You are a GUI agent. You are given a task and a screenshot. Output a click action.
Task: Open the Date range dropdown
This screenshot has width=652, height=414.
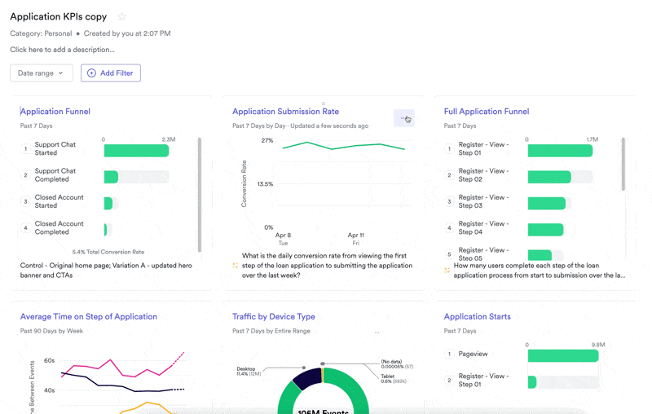click(42, 73)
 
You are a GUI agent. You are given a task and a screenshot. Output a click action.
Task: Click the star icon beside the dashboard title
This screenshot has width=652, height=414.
click(122, 17)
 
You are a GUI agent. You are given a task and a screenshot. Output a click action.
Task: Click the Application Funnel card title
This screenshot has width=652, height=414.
click(55, 112)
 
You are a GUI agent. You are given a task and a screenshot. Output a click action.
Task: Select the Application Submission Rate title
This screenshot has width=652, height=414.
click(285, 112)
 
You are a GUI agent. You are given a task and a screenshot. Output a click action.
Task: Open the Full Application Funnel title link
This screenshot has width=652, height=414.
click(487, 112)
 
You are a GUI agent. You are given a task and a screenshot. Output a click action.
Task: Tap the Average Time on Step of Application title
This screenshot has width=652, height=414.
click(89, 317)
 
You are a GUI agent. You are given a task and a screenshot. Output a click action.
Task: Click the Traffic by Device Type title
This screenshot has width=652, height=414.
click(274, 317)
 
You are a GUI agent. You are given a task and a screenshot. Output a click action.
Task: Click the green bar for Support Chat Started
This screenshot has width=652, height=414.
click(136, 151)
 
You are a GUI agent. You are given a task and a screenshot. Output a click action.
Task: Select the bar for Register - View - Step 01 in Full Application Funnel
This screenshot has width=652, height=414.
click(560, 151)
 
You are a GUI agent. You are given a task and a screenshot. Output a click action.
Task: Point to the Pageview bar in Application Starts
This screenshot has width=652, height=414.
click(562, 356)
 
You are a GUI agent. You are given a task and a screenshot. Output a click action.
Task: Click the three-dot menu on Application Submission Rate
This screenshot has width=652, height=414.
click(403, 119)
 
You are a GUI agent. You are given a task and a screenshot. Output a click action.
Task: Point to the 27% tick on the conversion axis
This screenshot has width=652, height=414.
click(267, 141)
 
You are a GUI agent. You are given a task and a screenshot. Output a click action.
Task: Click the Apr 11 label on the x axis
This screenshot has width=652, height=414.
click(355, 236)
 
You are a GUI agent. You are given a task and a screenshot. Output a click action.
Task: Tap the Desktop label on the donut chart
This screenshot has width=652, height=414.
click(246, 369)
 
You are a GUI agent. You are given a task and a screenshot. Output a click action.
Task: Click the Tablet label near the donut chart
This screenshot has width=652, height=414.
click(388, 377)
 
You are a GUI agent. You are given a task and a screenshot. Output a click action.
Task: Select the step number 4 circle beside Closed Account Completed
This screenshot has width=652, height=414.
click(25, 228)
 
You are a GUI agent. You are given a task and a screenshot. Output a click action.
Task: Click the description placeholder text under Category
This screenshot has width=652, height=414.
click(62, 50)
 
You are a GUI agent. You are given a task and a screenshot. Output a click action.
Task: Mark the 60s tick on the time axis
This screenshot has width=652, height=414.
click(49, 360)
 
